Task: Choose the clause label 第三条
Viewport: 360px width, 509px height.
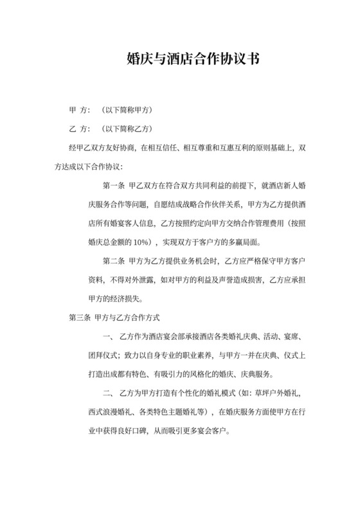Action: (79, 317)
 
